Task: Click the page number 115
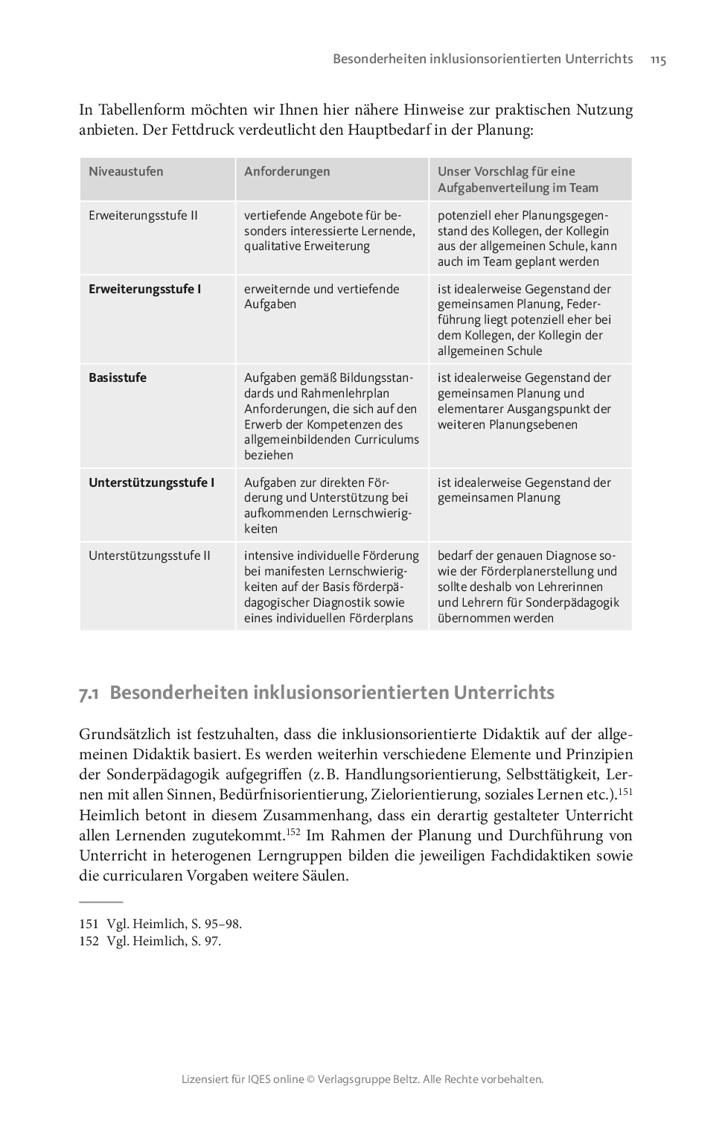click(x=657, y=60)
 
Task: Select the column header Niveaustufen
click(x=126, y=171)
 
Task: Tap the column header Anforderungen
click(x=287, y=171)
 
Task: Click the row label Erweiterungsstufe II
click(x=143, y=216)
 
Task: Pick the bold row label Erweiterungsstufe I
click(x=144, y=289)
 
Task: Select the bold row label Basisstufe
click(x=118, y=377)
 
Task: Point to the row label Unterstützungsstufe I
click(x=151, y=482)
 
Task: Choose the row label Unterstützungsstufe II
click(x=150, y=555)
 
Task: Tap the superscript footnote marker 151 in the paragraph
click(x=625, y=791)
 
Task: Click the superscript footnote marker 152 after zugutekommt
click(x=293, y=831)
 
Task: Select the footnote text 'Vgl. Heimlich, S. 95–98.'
click(x=174, y=924)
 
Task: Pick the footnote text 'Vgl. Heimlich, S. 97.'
click(x=164, y=942)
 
